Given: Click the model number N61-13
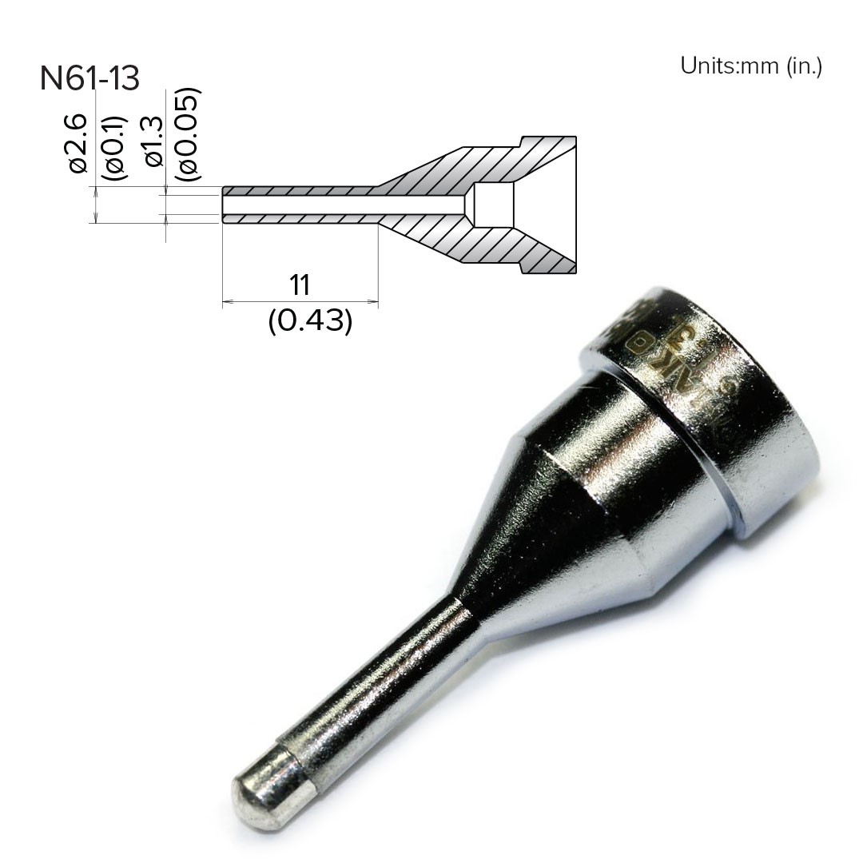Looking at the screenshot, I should [89, 78].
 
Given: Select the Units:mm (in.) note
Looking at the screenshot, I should [750, 66].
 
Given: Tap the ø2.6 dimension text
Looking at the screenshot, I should [78, 143].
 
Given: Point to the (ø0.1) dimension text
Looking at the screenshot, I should [116, 147].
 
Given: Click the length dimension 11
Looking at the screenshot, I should [299, 284].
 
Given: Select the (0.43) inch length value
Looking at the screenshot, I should [310, 320].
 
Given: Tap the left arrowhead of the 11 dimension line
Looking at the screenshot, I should [226, 302].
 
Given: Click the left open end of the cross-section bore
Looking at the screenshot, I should [224, 205].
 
